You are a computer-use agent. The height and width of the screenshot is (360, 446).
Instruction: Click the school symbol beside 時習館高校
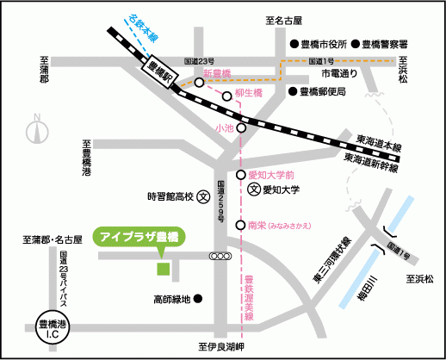(x=203, y=196)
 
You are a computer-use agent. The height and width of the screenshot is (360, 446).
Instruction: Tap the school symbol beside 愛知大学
(x=253, y=189)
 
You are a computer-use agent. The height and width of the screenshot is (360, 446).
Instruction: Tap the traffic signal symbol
(x=220, y=256)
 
